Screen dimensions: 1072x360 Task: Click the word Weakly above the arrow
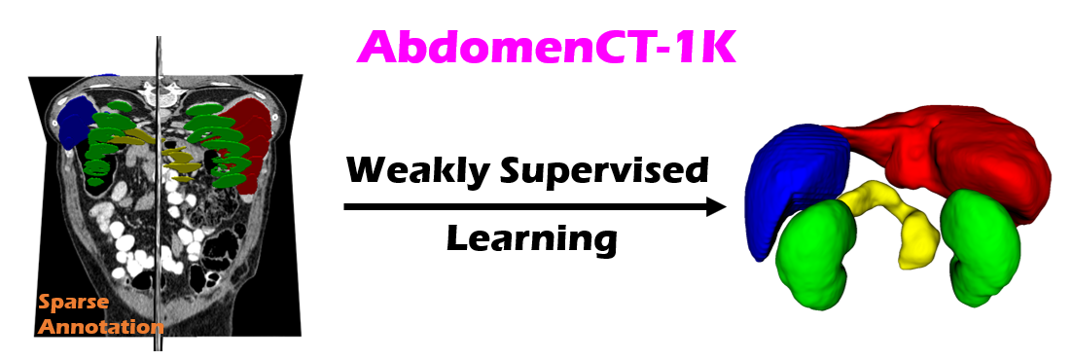click(x=417, y=170)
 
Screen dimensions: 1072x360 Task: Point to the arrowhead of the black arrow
click(x=714, y=206)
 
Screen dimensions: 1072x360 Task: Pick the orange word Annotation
click(x=101, y=327)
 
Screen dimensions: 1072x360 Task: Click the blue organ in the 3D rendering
click(x=797, y=184)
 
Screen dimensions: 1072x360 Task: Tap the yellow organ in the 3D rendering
click(x=896, y=219)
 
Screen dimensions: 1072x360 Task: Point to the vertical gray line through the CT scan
click(x=159, y=193)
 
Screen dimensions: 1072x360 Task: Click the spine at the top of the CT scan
click(x=159, y=88)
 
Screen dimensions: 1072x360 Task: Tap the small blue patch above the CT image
click(x=102, y=76)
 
